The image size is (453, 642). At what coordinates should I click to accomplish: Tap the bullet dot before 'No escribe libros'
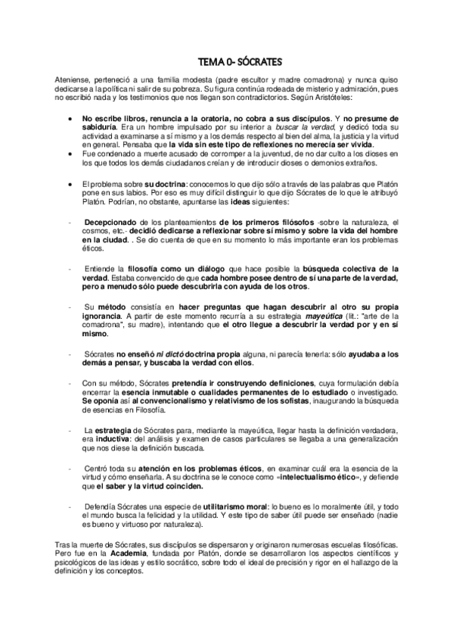(x=70, y=119)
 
